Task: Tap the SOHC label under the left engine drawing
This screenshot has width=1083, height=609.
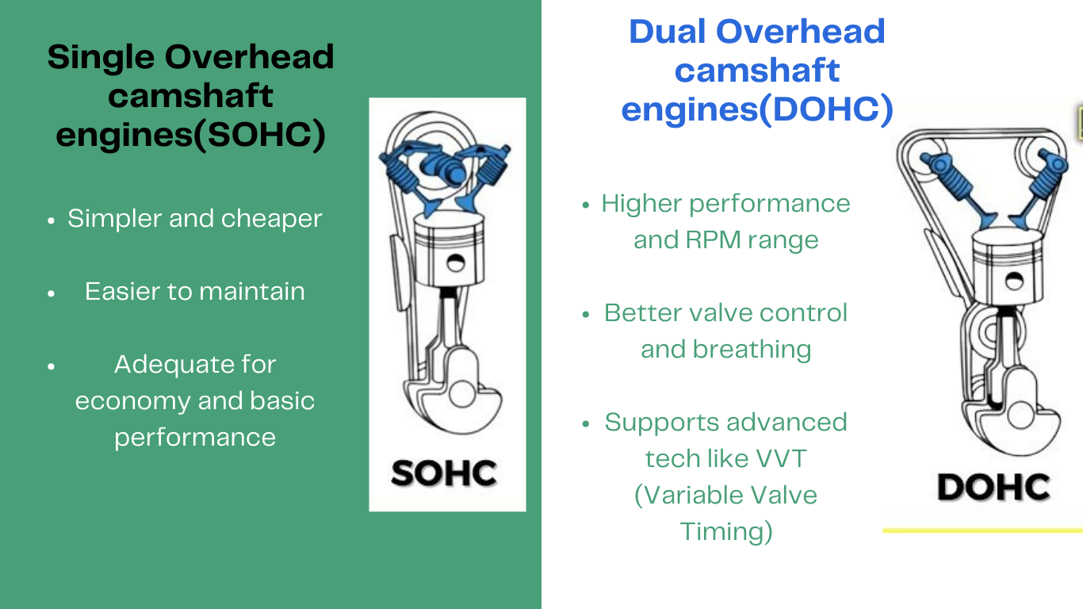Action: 444,473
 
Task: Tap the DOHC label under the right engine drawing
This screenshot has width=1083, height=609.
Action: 993,487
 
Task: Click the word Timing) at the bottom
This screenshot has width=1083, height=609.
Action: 726,531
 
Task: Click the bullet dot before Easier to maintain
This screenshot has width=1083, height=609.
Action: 52,293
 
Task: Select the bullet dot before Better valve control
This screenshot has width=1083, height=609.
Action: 586,314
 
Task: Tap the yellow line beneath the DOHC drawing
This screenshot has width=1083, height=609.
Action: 983,530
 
